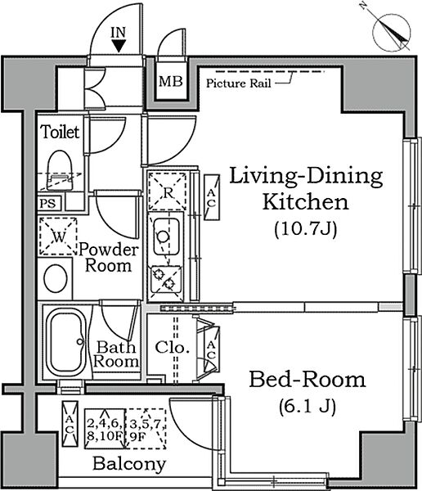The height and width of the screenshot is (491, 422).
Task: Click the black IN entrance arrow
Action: [x=119, y=47]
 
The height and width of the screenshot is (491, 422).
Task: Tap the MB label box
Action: [x=171, y=82]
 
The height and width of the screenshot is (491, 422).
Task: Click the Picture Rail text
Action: [x=239, y=83]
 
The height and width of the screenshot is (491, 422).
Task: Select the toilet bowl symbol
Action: [x=60, y=170]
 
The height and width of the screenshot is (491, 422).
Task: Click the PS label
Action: [x=48, y=204]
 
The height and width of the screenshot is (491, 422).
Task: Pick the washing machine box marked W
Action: [x=58, y=236]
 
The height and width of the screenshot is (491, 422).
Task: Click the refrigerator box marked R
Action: [x=167, y=191]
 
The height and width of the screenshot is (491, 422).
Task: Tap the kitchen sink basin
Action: [x=167, y=236]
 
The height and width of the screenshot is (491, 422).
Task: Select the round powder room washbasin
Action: [x=56, y=278]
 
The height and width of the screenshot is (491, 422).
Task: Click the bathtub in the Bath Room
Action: [x=66, y=342]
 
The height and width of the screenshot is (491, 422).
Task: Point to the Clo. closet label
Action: [x=172, y=347]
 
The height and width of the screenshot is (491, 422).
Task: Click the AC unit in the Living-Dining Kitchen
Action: [x=212, y=197]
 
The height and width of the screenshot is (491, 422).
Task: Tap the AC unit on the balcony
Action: [x=70, y=424]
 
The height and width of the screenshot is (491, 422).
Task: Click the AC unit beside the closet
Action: [x=212, y=349]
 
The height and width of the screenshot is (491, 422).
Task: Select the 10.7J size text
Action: [x=306, y=229]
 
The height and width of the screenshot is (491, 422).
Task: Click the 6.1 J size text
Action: [x=308, y=407]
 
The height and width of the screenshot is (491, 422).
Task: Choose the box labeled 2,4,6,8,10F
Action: [x=105, y=429]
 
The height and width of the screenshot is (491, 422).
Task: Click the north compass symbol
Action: [x=391, y=32]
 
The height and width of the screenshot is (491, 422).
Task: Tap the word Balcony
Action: [x=129, y=464]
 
